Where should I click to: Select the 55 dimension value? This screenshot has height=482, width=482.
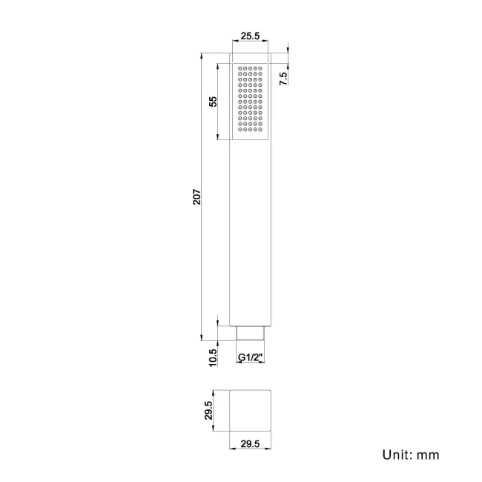pyautogui.click(x=213, y=102)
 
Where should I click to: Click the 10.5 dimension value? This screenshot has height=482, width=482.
pyautogui.click(x=213, y=357)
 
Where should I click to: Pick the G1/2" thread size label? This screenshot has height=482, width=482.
pyautogui.click(x=251, y=357)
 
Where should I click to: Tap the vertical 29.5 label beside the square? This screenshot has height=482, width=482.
pyautogui.click(x=209, y=410)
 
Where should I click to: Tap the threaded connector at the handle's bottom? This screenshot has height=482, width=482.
pyautogui.click(x=251, y=334)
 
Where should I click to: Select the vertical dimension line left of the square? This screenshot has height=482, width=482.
pyautogui.click(x=217, y=410)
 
